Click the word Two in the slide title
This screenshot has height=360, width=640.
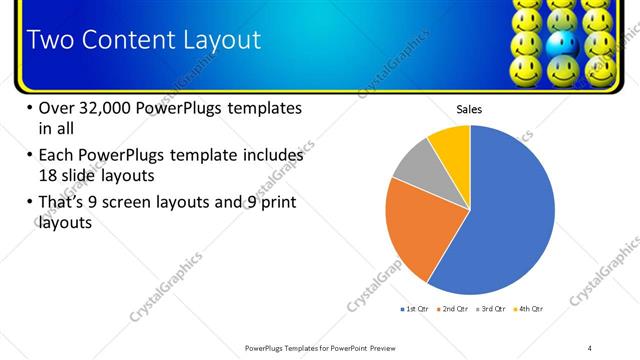pos(48,40)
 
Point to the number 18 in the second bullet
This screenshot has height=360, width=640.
pos(49,174)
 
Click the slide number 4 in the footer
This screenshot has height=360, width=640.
pos(590,347)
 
